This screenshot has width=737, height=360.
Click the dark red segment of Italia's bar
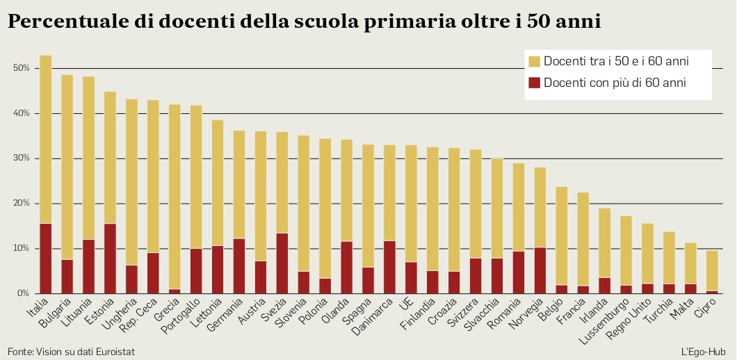tap(45, 258)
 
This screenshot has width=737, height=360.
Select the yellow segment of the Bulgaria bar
tap(67, 167)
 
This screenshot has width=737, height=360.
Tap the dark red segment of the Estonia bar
tap(110, 258)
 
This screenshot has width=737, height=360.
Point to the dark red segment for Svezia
tap(282, 263)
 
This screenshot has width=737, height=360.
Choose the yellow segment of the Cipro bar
tap(712, 270)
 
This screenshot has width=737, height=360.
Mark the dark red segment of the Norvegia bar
tap(540, 270)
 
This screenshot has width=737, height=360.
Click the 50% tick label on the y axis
tap(21, 68)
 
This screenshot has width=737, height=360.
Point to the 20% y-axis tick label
tap(21, 204)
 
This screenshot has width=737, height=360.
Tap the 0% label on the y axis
tap(23, 294)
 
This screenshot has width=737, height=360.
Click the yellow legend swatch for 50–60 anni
tap(534, 62)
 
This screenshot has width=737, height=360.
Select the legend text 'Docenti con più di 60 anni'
tap(615, 83)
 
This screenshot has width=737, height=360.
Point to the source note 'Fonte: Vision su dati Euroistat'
tap(71, 352)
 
